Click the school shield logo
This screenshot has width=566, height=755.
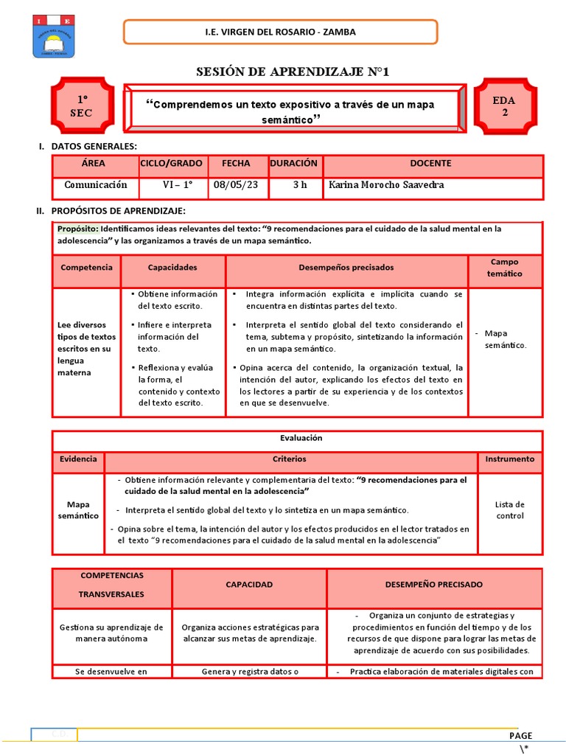point(53,35)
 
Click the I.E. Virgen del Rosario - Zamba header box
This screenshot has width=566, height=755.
point(280,32)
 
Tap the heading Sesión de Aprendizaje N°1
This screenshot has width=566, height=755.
point(293,72)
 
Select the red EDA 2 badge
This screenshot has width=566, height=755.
point(505,105)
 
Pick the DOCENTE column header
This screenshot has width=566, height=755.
point(432,164)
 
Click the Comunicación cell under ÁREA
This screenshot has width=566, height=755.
point(96,185)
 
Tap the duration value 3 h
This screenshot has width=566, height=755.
point(300,185)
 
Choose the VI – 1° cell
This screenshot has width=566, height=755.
point(176,185)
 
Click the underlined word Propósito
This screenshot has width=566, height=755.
point(77,229)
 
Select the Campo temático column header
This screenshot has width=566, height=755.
point(504,268)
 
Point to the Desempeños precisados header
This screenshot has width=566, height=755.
point(346,268)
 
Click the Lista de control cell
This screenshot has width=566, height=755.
point(509,510)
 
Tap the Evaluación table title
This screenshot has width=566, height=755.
point(297,438)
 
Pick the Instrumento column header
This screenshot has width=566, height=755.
point(509,459)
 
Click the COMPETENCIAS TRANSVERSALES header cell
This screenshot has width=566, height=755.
point(112,584)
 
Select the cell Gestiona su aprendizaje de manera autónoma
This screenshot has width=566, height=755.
point(112,633)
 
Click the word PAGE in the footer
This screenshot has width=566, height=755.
point(520,735)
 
